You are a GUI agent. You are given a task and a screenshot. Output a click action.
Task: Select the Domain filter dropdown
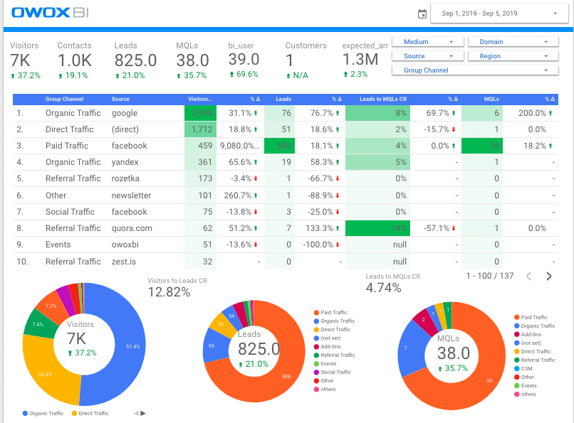coord(508,42)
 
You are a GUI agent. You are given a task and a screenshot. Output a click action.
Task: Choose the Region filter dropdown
coord(508,56)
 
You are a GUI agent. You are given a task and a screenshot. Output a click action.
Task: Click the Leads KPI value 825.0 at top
coord(135,61)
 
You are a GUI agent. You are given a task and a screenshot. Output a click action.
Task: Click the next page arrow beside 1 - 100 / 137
coord(549,276)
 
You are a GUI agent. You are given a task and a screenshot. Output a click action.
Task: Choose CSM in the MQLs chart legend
coord(528,368)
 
